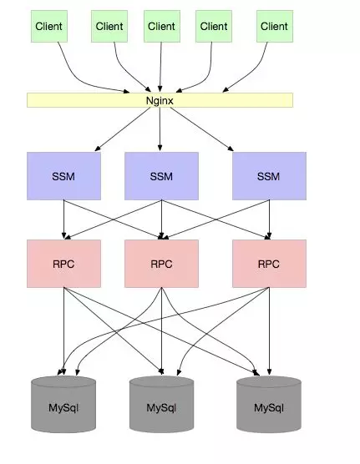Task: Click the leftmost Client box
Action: click(x=49, y=27)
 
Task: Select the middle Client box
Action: click(x=162, y=27)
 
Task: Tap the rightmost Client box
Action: click(x=275, y=27)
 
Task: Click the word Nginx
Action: click(x=160, y=101)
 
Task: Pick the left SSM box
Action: click(x=63, y=176)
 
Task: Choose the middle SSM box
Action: click(x=161, y=176)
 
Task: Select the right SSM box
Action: click(x=269, y=176)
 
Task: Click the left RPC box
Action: click(x=63, y=264)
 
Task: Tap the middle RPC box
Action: click(x=161, y=264)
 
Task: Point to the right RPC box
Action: click(x=269, y=264)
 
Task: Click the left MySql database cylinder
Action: click(x=63, y=404)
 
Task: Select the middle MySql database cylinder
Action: click(x=161, y=404)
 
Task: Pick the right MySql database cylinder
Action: click(x=269, y=404)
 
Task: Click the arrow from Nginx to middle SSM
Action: click(x=160, y=129)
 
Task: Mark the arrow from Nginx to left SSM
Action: click(x=123, y=129)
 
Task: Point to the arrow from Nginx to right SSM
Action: click(x=202, y=129)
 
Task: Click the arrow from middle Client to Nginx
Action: click(x=160, y=67)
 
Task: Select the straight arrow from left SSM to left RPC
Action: click(x=63, y=219)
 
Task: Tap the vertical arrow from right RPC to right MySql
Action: click(x=269, y=331)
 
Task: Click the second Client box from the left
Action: click(x=109, y=27)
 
